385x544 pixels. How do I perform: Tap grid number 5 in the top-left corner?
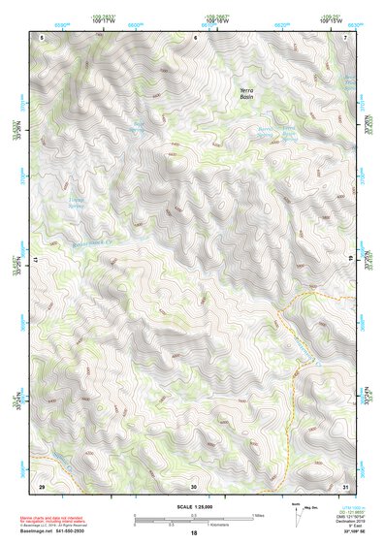click(x=43, y=36)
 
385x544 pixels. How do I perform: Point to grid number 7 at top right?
click(x=346, y=36)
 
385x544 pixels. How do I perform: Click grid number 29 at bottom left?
click(x=42, y=485)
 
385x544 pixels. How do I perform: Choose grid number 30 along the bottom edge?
click(x=194, y=485)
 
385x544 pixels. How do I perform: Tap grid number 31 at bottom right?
click(x=346, y=485)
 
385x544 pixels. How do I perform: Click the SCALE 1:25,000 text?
click(x=193, y=506)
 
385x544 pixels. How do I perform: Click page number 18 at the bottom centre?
click(x=194, y=534)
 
